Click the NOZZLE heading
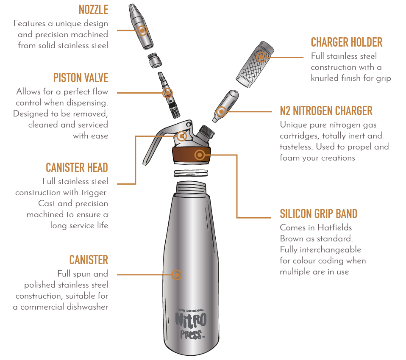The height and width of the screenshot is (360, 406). (x=93, y=10)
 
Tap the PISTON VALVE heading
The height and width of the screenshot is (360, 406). (x=81, y=78)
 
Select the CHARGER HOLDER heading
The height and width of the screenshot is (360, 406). (x=346, y=42)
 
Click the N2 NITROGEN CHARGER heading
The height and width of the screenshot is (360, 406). (x=326, y=111)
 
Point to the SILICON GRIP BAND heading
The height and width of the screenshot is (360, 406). (x=318, y=214)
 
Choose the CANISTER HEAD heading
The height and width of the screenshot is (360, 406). (x=77, y=167)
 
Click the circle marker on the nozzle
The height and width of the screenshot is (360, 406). (x=142, y=30)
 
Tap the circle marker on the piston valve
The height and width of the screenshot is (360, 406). (x=167, y=93)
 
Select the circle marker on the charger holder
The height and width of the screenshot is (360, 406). (x=261, y=57)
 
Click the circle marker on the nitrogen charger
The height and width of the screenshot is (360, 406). (x=221, y=112)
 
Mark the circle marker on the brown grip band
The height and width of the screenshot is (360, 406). (x=200, y=155)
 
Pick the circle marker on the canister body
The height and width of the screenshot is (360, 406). (x=177, y=274)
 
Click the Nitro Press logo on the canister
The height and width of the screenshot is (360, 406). (x=191, y=324)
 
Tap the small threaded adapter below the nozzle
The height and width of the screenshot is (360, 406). (x=155, y=60)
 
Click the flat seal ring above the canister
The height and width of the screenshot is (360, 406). (x=191, y=173)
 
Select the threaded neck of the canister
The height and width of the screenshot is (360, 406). (x=191, y=187)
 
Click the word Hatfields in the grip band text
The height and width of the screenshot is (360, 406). (x=334, y=227)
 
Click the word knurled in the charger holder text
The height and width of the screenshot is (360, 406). (x=325, y=78)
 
